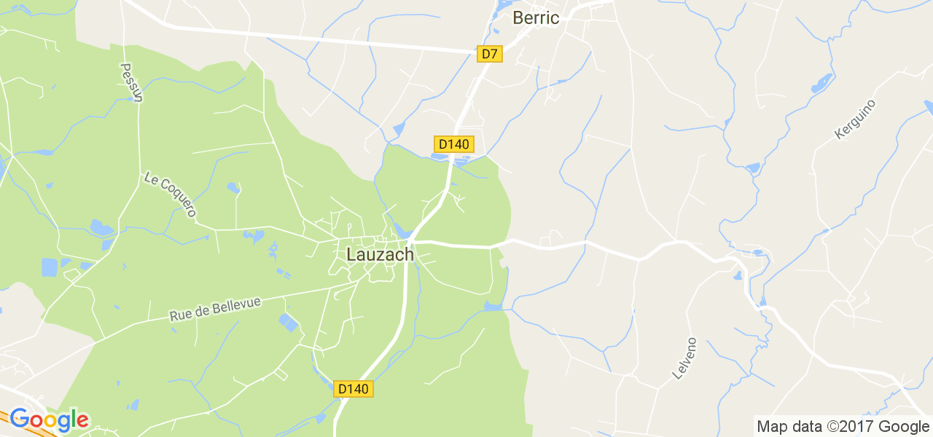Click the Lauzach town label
(x=380, y=255)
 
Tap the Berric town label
(x=536, y=18)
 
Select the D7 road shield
(x=490, y=53)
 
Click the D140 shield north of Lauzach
(x=453, y=143)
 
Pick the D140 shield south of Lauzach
(x=354, y=389)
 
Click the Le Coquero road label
(x=171, y=194)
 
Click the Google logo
(x=49, y=420)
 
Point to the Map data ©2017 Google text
(x=843, y=427)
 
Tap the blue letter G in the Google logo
(x=19, y=420)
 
